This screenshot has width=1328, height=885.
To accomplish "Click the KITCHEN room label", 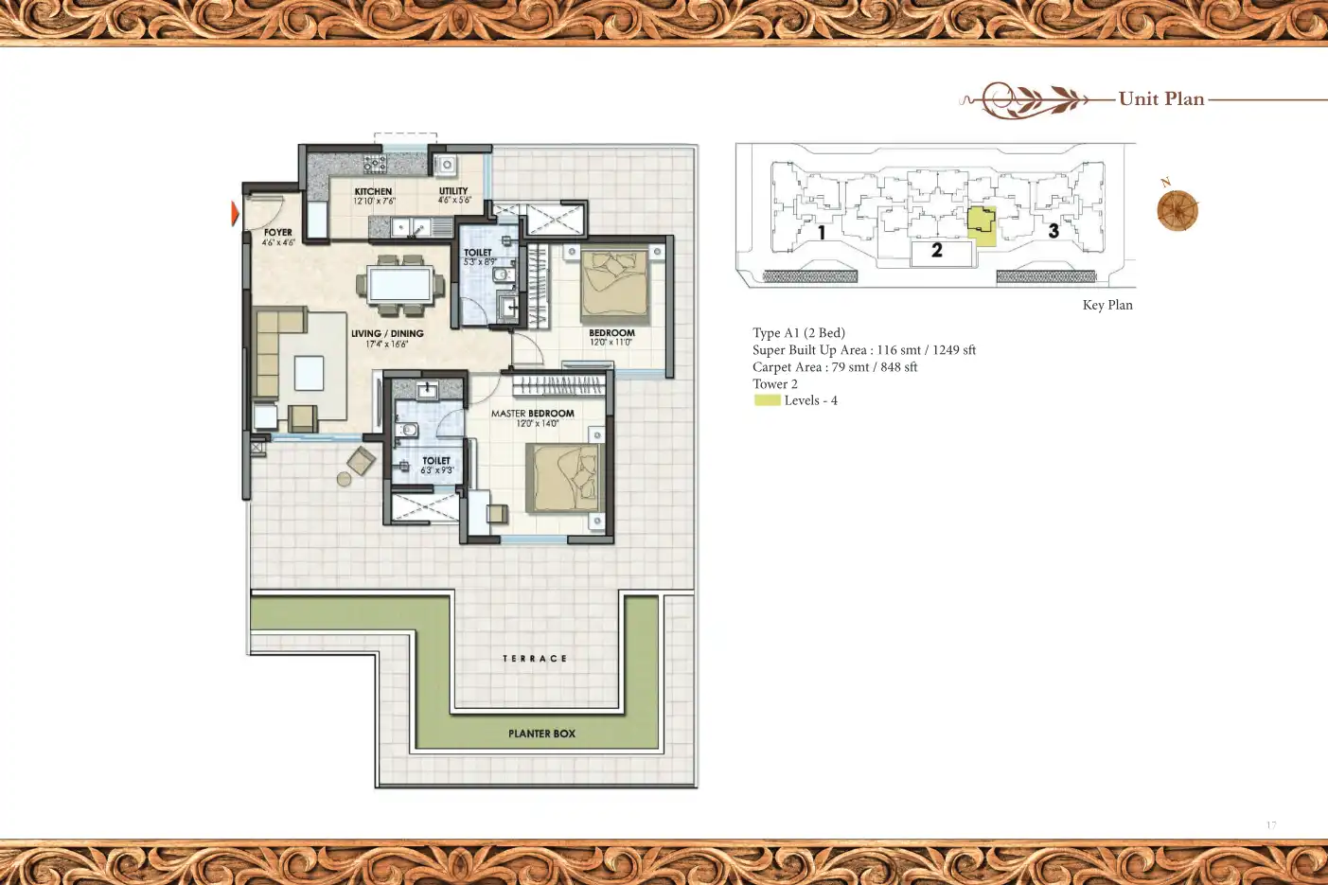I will (373, 191).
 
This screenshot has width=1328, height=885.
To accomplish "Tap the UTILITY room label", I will (453, 191).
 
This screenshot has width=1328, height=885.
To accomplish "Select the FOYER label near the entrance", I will (277, 232).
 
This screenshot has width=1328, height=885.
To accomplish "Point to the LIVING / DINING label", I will (387, 333).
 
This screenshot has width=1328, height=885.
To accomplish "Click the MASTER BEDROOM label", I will (532, 414).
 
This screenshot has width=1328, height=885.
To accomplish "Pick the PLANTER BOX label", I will (541, 734).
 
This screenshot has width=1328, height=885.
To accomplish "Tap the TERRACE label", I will (535, 659).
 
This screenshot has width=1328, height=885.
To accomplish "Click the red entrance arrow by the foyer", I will (235, 214).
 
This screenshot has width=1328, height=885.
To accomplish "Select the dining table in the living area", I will (400, 284).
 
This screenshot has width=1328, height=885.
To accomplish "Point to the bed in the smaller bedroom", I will (615, 284).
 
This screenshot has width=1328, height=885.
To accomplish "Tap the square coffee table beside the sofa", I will (309, 373).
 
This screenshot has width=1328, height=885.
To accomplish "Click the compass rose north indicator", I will (1177, 209).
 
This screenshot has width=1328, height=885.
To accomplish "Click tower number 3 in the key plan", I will (1054, 230).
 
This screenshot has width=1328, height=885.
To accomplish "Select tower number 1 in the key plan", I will (822, 232).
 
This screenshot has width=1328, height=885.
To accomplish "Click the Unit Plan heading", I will (1161, 98).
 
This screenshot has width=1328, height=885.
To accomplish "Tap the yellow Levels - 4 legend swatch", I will (767, 400).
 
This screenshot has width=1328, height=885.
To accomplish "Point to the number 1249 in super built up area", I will (946, 350).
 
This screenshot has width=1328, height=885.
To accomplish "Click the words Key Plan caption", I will (1107, 305).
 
